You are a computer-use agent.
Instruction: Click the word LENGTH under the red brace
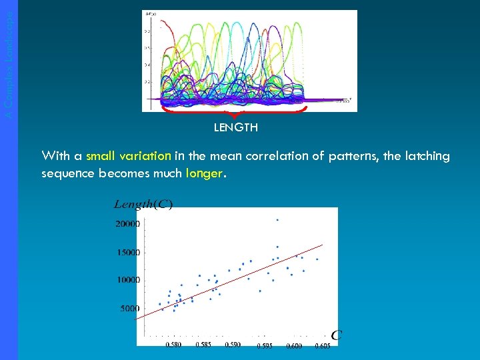[x=235, y=127]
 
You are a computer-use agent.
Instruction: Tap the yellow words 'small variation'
[x=129, y=156]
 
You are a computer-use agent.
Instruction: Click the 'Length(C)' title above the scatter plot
[x=143, y=204]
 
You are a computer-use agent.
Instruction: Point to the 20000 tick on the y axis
[x=127, y=225]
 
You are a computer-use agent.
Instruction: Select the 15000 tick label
[x=127, y=253]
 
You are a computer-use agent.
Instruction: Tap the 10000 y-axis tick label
[x=127, y=281]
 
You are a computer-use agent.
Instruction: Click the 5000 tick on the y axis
[x=129, y=309]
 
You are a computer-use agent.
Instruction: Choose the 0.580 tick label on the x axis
[x=173, y=345]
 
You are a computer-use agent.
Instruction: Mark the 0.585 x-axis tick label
[x=203, y=345]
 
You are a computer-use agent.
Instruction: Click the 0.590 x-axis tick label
[x=233, y=345]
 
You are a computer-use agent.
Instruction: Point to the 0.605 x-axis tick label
[x=322, y=345]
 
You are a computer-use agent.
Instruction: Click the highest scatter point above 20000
[x=277, y=219]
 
